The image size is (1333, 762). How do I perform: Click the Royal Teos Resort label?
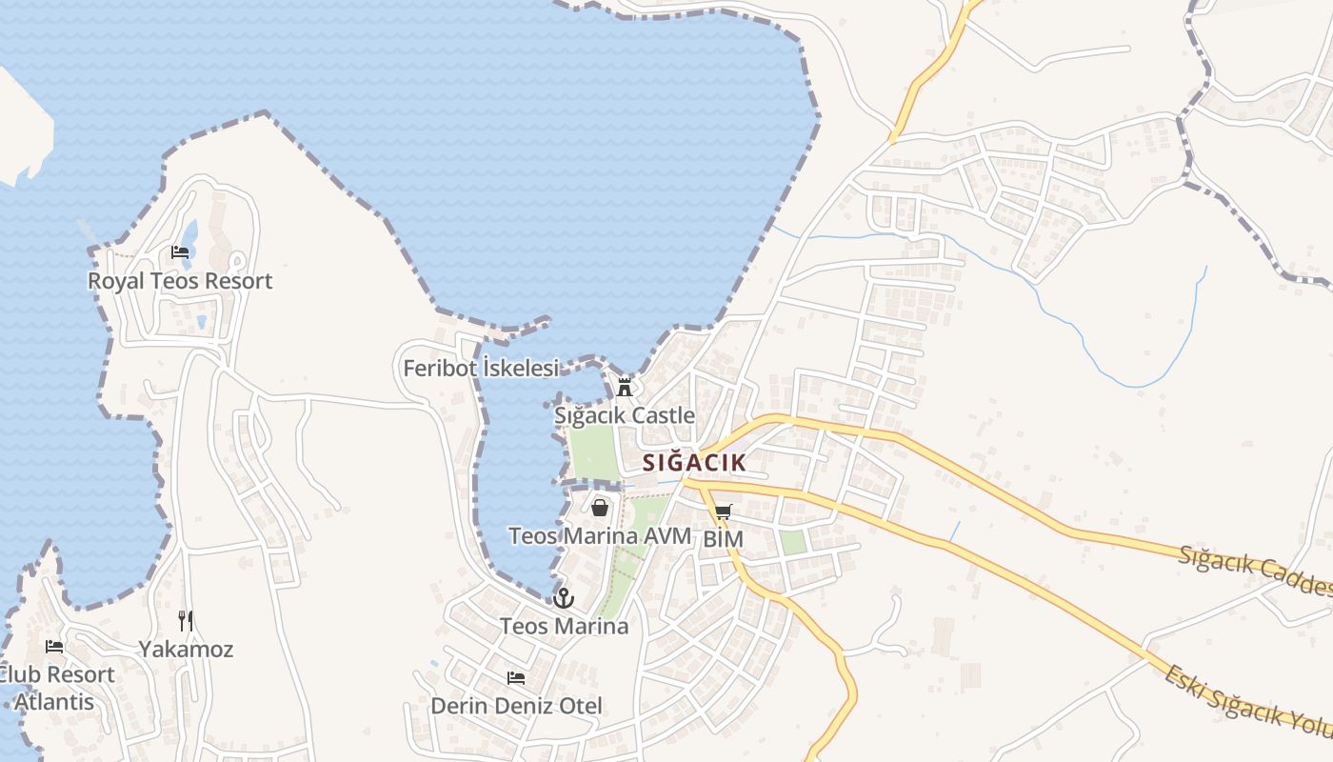180,281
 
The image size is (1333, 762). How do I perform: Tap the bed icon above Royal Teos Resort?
180,252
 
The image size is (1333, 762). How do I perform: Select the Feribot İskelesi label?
481,368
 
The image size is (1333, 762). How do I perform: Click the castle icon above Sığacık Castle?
625,387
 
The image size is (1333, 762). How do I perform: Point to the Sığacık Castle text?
625,416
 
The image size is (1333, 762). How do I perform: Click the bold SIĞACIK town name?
693,463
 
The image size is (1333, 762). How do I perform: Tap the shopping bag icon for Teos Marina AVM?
600,508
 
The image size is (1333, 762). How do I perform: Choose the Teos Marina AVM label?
600,536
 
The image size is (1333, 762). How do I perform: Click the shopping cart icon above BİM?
723,512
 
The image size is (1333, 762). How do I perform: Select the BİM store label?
723,539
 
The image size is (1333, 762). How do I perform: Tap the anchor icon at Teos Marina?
564,598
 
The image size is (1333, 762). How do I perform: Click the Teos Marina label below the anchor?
565,626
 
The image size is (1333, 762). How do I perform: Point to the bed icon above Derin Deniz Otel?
516,678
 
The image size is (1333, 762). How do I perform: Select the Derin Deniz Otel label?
517,706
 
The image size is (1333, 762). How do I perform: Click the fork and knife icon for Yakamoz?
186,621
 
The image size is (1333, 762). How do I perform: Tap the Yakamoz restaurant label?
186,650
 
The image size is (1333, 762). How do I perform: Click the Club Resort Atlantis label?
55,688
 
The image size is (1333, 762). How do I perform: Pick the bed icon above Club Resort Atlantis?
54,646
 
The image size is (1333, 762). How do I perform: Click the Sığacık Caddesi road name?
1254,571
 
